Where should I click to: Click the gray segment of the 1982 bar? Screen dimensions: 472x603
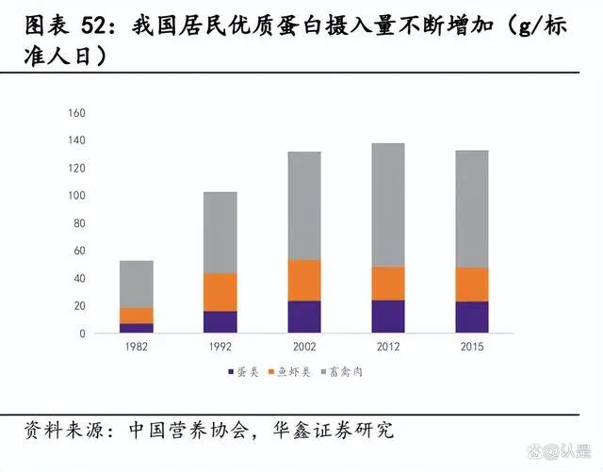pyautogui.click(x=136, y=284)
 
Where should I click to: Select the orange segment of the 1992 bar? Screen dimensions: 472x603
pyautogui.click(x=220, y=292)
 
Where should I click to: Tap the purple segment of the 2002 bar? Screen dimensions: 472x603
pyautogui.click(x=303, y=317)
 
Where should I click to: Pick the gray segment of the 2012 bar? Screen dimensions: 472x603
pyautogui.click(x=387, y=204)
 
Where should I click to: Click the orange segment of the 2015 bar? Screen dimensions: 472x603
pyautogui.click(x=471, y=285)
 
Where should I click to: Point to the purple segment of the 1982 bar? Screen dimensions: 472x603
pyautogui.click(x=136, y=328)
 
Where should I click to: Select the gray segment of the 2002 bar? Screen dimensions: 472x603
pyautogui.click(x=303, y=205)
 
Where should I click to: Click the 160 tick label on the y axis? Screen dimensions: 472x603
pyautogui.click(x=77, y=113)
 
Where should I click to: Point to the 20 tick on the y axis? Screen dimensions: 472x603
pyautogui.click(x=80, y=306)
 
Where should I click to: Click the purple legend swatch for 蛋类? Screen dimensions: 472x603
pyautogui.click(x=231, y=373)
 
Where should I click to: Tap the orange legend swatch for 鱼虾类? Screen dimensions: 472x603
pyautogui.click(x=272, y=373)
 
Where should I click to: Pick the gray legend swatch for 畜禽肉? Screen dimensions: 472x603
pyautogui.click(x=325, y=373)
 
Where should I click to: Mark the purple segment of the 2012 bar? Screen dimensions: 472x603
pyautogui.click(x=387, y=317)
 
